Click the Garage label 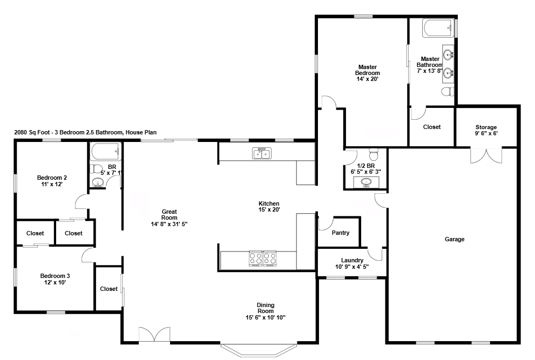454,239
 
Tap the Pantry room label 341,233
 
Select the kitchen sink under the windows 262,154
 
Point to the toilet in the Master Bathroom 447,92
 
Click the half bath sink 366,182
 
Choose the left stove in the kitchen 256,259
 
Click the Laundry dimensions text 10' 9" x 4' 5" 351,266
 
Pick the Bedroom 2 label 52,178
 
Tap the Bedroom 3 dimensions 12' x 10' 55,282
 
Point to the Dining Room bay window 258,350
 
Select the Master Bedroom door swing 329,101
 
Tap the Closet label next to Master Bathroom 431,127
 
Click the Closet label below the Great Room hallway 109,289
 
